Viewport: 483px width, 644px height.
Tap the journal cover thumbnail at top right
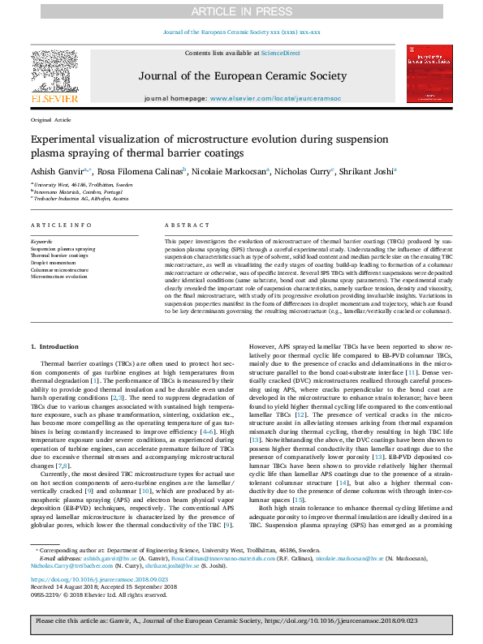click(429, 74)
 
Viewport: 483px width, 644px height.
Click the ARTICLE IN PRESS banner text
click(241, 11)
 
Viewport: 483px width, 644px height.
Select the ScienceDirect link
click(282, 53)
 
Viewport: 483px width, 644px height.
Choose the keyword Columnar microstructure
click(59, 268)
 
